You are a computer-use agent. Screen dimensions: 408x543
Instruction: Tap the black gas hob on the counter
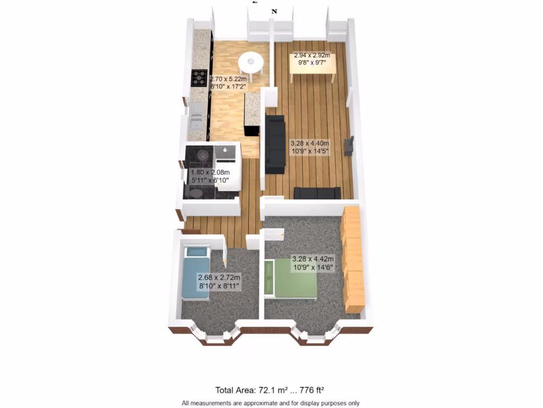pyautogui.click(x=200, y=78)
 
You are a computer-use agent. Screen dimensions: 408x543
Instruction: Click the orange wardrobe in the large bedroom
pyautogui.click(x=352, y=259)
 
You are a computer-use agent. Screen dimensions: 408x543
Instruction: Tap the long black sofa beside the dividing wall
pyautogui.click(x=275, y=144)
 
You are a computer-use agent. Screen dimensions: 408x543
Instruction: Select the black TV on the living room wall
pyautogui.click(x=349, y=146)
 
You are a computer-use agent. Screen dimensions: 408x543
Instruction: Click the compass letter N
pyautogui.click(x=274, y=11)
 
